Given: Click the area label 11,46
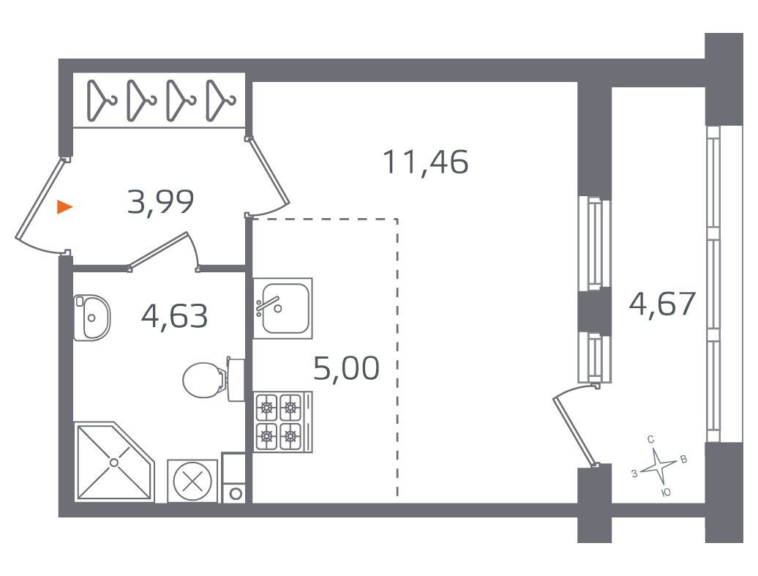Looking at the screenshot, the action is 425,162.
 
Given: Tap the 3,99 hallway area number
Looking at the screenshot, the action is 160,202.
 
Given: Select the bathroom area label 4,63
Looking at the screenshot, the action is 175,315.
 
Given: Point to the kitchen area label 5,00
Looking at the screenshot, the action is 346,368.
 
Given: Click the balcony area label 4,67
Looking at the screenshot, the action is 662,304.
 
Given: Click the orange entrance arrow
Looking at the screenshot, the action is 64,207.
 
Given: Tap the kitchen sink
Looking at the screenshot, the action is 283,308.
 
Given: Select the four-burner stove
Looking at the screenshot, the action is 283,422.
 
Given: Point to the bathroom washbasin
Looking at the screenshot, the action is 92,318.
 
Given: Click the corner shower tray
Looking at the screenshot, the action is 115,462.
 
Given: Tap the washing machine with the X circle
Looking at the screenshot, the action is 192,482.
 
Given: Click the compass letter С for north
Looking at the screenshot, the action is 650,439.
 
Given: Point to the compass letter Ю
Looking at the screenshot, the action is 666,493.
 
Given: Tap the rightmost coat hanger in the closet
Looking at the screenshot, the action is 220,100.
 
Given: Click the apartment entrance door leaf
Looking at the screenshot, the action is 40,199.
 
